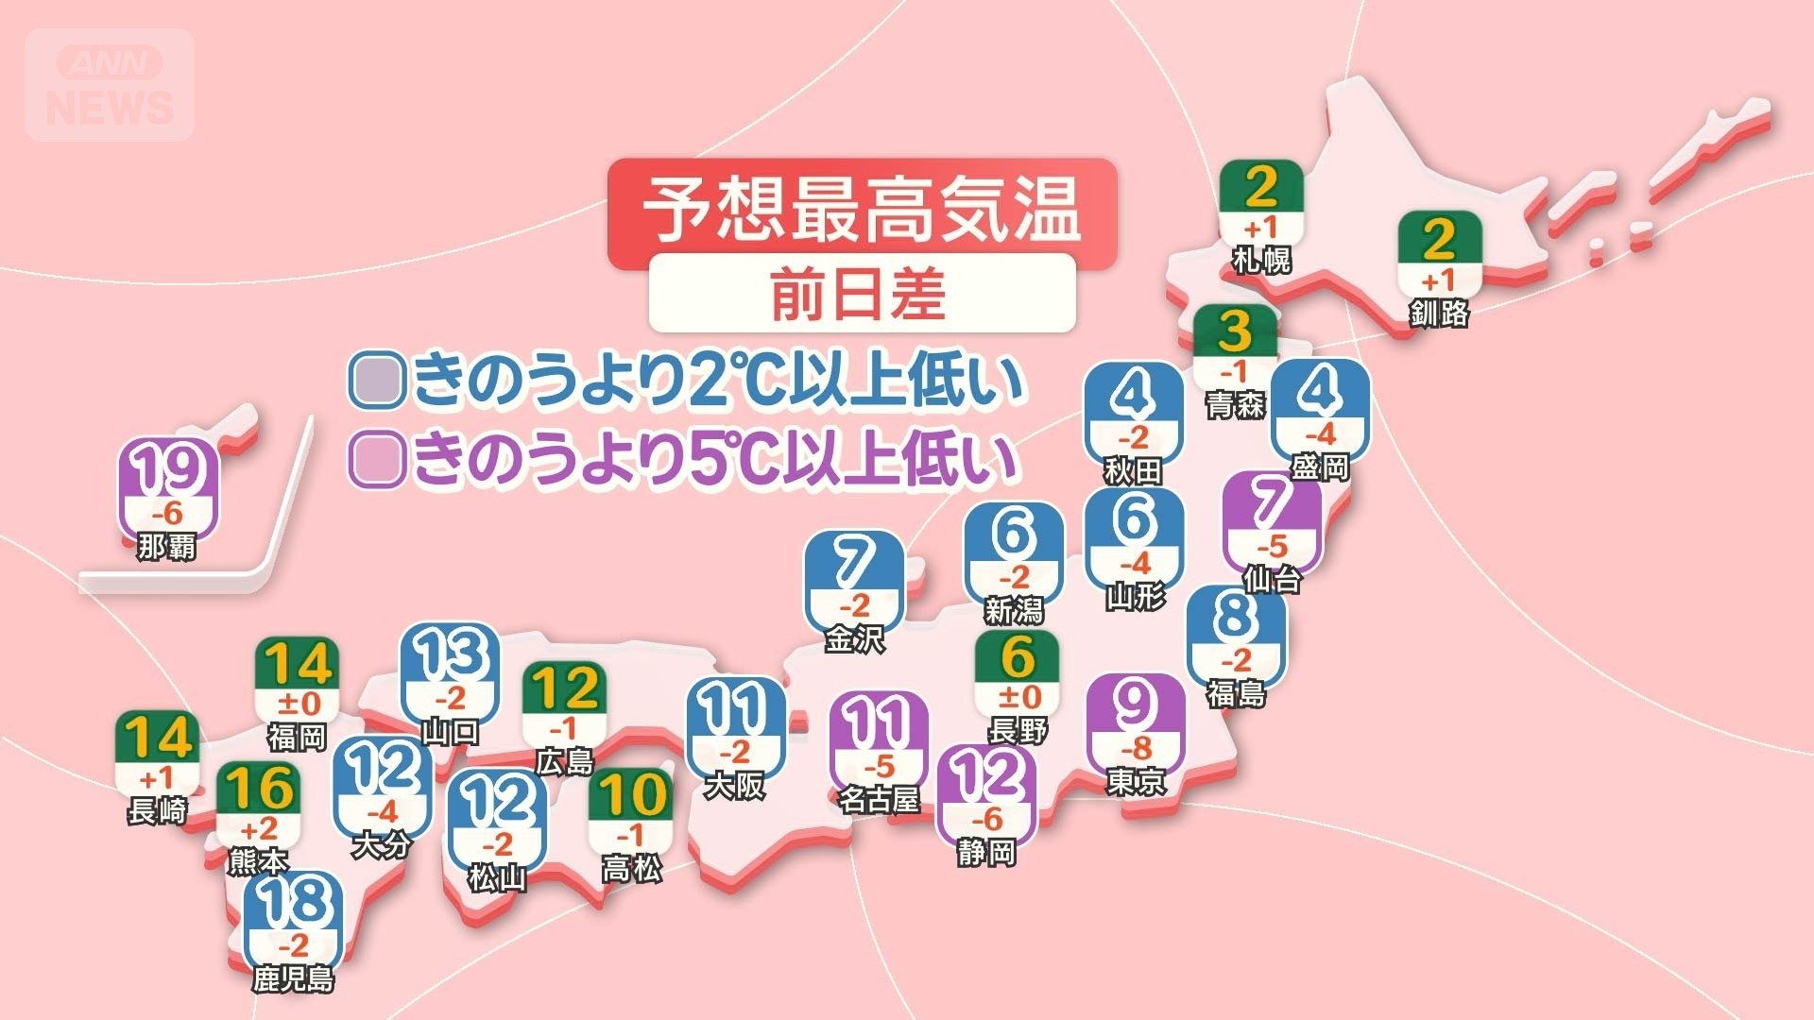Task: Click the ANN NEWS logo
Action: coord(110,85)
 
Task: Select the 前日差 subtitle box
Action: coord(861,294)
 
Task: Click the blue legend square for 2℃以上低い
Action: coord(377,380)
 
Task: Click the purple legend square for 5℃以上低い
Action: coord(377,459)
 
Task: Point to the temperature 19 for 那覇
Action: coord(169,469)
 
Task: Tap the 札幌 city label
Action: coord(1261,260)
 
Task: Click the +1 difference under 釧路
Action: coord(1439,280)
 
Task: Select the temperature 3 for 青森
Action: coord(1234,331)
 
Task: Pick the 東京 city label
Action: coord(1136,782)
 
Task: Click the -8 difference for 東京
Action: coord(1136,749)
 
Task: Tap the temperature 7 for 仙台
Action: coord(1272,502)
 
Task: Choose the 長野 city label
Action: coord(1018,730)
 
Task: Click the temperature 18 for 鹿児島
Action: coord(293,902)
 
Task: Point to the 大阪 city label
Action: coord(734,785)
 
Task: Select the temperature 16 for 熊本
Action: coord(258,789)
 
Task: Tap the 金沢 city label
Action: coord(854,639)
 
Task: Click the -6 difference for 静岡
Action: coord(986,820)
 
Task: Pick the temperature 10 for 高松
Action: coord(631,795)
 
